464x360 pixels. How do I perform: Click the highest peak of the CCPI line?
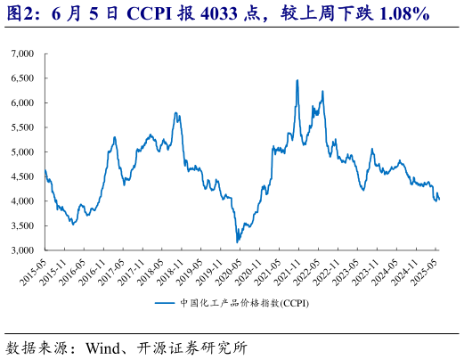(297, 80)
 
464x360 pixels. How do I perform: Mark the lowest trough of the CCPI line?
(237, 241)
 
